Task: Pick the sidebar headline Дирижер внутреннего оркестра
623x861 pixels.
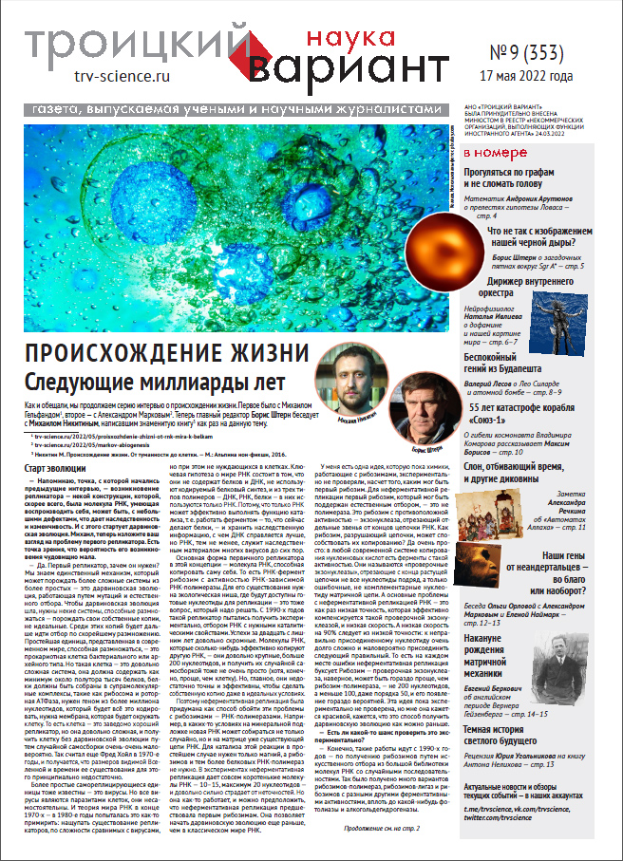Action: click(533, 287)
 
